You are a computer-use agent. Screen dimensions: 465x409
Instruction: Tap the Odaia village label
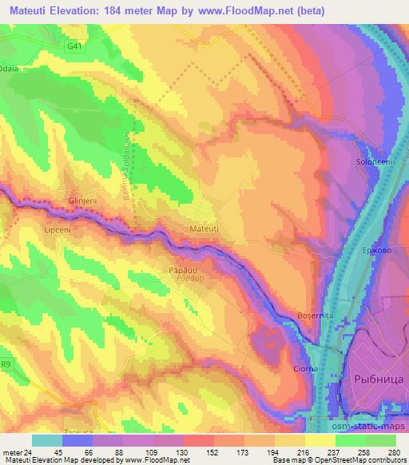pyautogui.click(x=10, y=67)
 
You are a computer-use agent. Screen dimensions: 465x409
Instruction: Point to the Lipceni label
pyautogui.click(x=54, y=229)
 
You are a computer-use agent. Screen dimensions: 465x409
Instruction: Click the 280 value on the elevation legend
pyautogui.click(x=393, y=451)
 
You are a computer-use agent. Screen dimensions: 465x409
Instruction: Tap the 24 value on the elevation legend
pyautogui.click(x=30, y=451)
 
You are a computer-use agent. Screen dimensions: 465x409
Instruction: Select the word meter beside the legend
pyautogui.click(x=12, y=451)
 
